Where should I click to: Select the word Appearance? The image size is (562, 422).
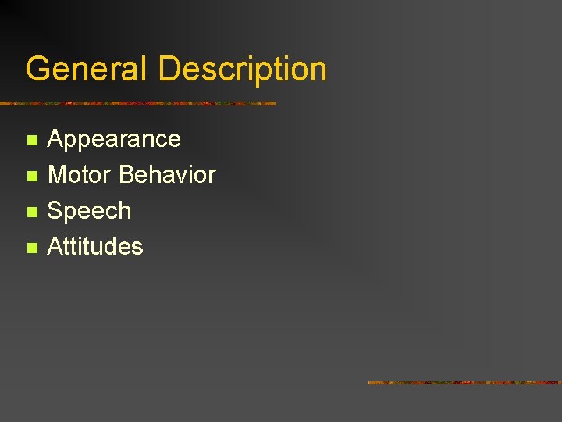pos(114,139)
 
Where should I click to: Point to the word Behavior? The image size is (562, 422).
pos(168,174)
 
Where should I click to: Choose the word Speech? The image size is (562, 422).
pos(89,211)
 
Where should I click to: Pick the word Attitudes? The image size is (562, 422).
pos(95,247)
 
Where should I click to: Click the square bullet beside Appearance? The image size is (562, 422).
pos(31,141)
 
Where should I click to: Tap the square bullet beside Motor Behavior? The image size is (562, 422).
pos(31,177)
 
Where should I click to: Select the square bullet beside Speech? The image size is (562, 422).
pos(31,213)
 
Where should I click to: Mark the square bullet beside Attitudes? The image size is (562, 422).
pos(31,249)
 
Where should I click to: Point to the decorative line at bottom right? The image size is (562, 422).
pos(464,383)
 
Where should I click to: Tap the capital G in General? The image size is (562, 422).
pos(37,69)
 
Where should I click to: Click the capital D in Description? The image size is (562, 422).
pos(169,69)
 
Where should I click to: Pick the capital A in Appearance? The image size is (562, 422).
pos(56,139)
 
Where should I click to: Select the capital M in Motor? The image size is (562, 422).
pos(58,174)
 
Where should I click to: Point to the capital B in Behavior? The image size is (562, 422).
pos(126,174)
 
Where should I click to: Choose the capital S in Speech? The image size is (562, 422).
pos(56,210)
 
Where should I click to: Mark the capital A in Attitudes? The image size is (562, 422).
pos(56,247)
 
